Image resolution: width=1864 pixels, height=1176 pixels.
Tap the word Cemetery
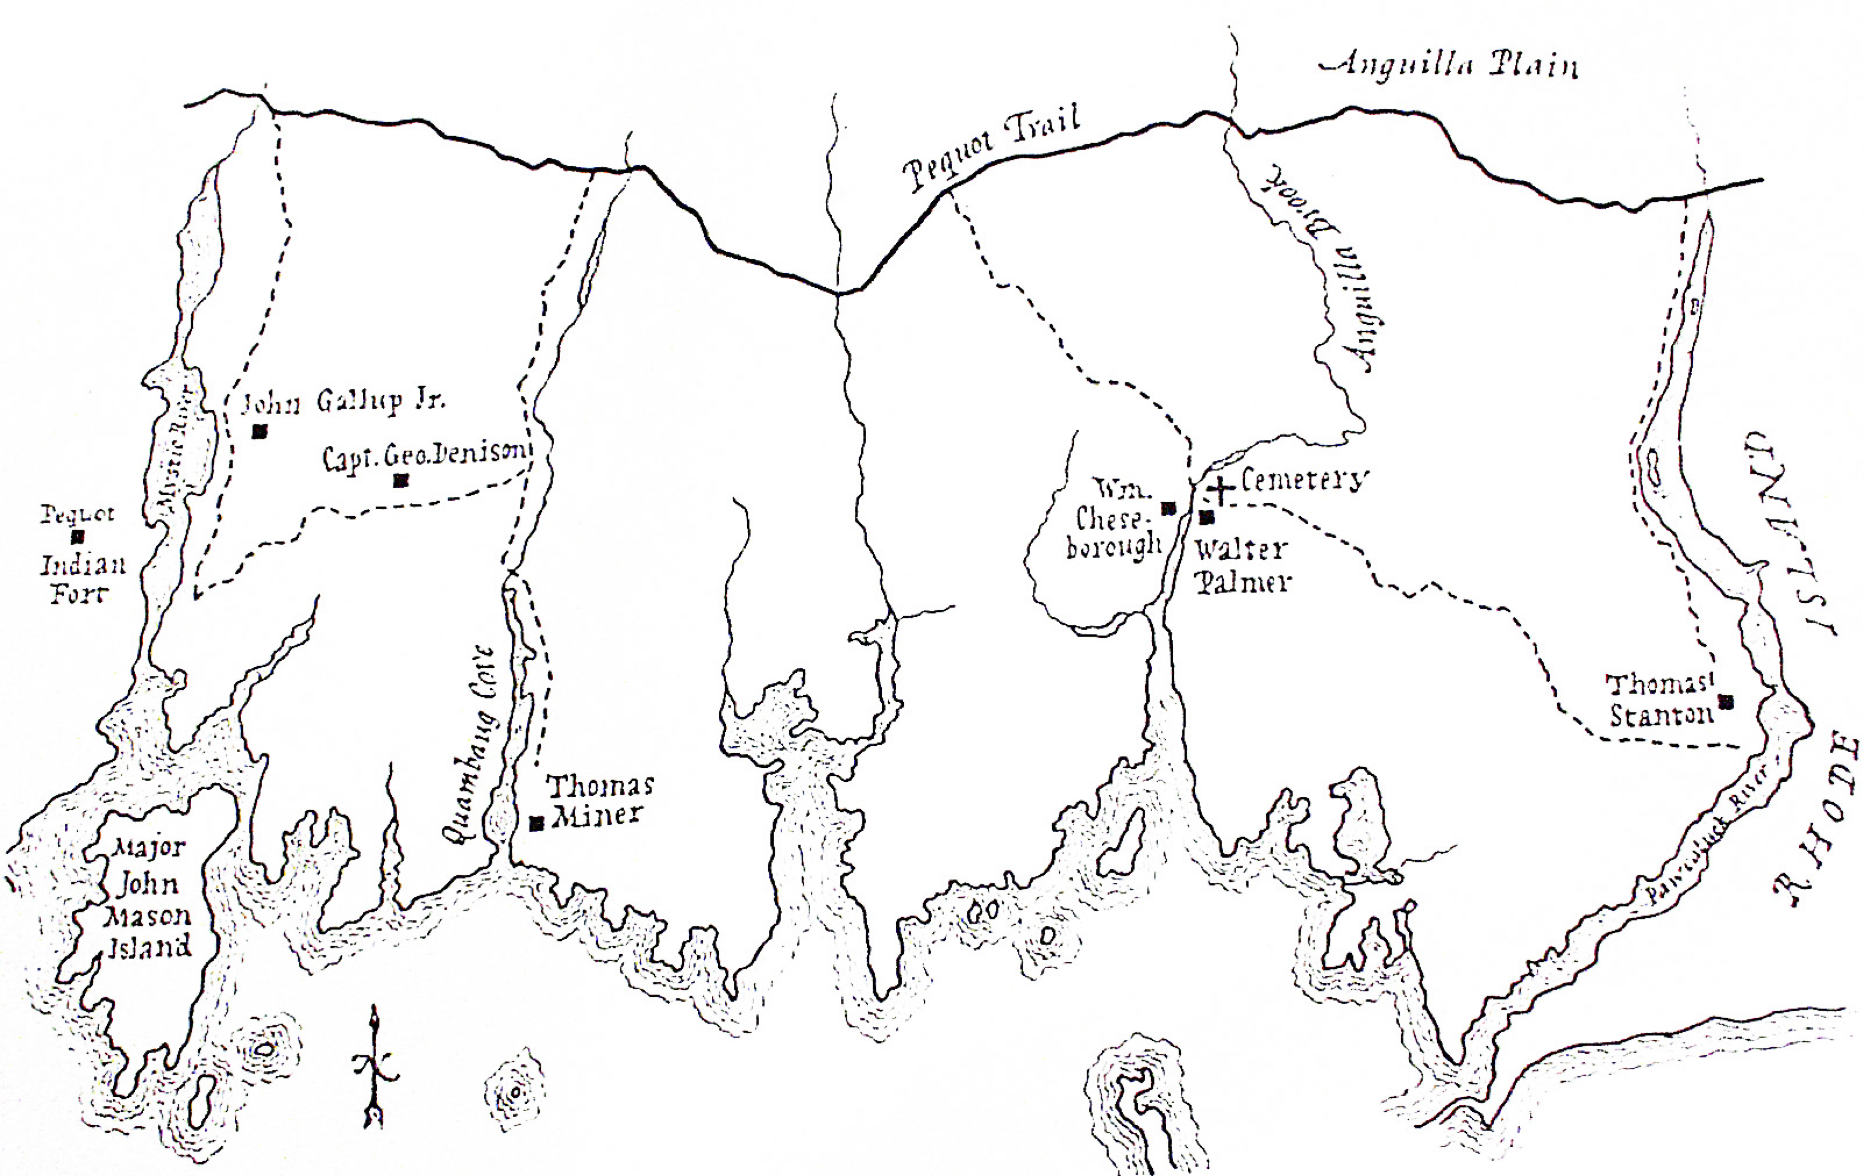coord(1304,480)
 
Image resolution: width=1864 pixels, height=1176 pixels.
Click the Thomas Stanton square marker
coord(1726,702)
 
